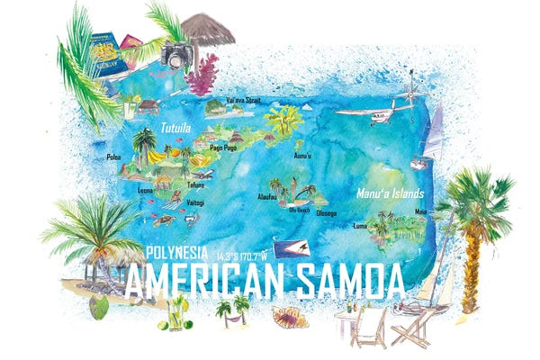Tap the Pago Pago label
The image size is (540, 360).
click(x=222, y=148)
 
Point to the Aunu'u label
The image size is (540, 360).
click(x=303, y=156)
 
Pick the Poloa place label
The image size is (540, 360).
click(x=113, y=157)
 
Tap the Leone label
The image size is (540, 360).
click(x=145, y=190)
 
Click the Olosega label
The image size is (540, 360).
click(x=326, y=213)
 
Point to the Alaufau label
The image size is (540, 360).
click(x=267, y=195)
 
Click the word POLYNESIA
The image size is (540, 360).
click(x=177, y=251)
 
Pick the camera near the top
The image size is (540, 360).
click(x=176, y=55)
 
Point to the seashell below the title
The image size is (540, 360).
click(x=290, y=317)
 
